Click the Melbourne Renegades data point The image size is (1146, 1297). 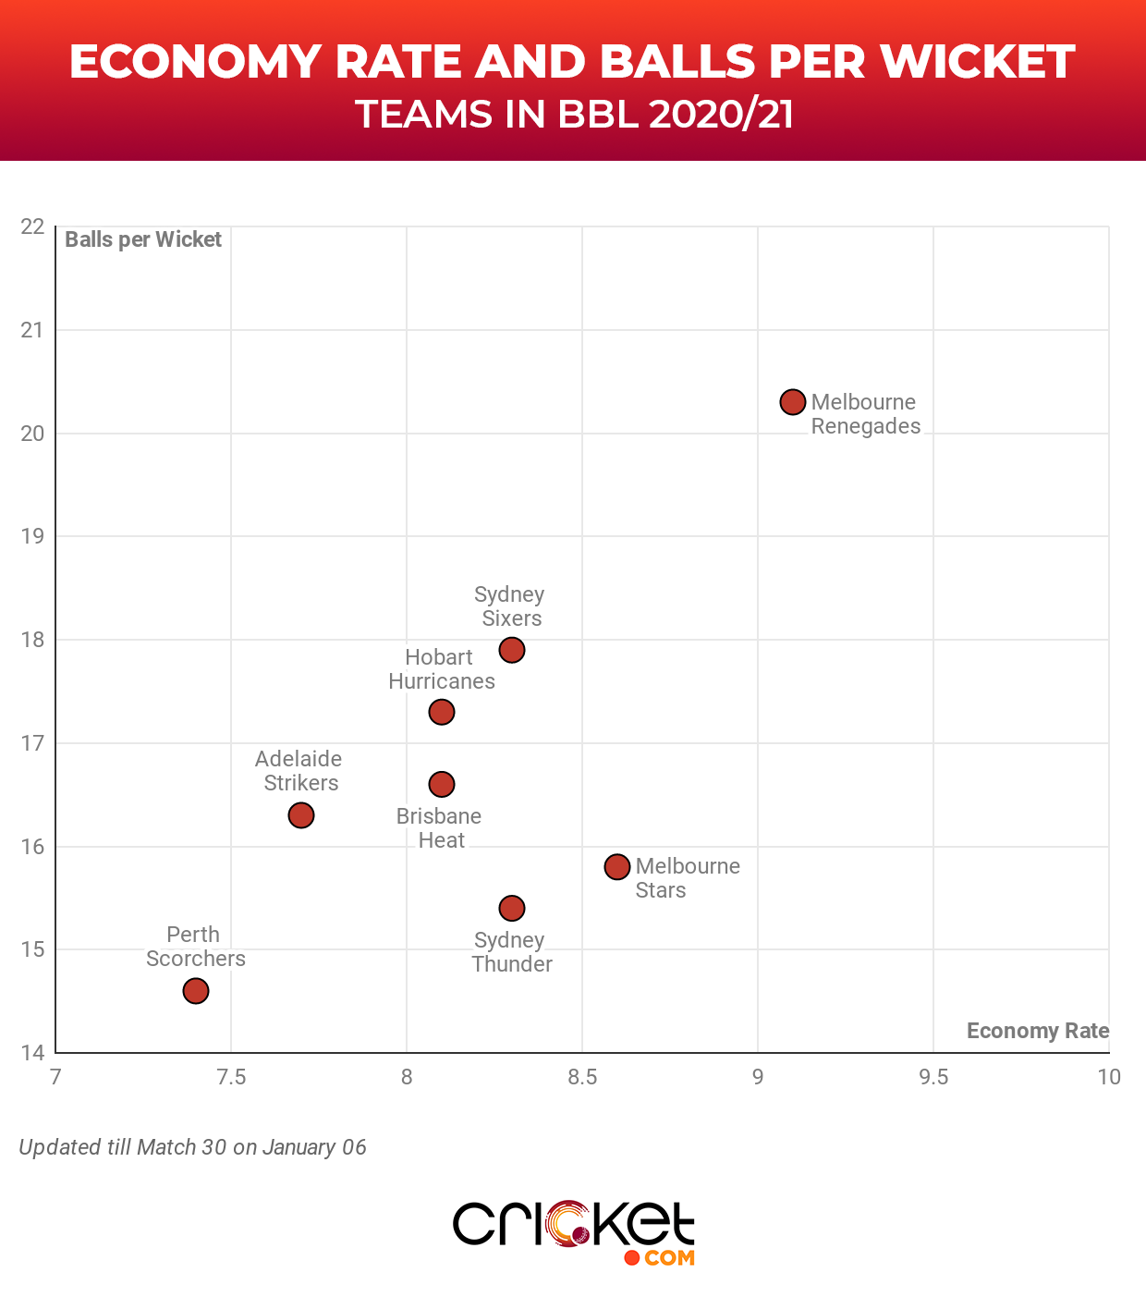(x=793, y=402)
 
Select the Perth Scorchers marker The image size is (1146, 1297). (x=196, y=991)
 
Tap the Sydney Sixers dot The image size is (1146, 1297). (x=512, y=650)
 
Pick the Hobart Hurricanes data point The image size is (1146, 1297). (x=442, y=712)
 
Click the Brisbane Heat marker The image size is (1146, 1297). (x=442, y=784)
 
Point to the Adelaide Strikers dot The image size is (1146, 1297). (x=301, y=815)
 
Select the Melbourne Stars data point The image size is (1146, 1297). (x=617, y=866)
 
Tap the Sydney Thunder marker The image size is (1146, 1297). (x=512, y=909)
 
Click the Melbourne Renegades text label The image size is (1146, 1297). (x=865, y=414)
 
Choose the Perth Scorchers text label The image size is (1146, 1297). (x=196, y=947)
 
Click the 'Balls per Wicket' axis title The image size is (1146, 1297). (x=143, y=239)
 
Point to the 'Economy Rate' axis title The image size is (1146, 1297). (x=1037, y=1031)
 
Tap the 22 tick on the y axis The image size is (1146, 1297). (x=32, y=226)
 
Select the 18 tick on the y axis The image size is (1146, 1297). (x=32, y=640)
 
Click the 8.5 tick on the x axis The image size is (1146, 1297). (x=582, y=1077)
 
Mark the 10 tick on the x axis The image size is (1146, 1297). (x=1109, y=1077)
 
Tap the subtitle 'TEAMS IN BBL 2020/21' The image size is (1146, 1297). (x=574, y=115)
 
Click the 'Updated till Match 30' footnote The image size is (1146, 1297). (x=192, y=1147)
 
